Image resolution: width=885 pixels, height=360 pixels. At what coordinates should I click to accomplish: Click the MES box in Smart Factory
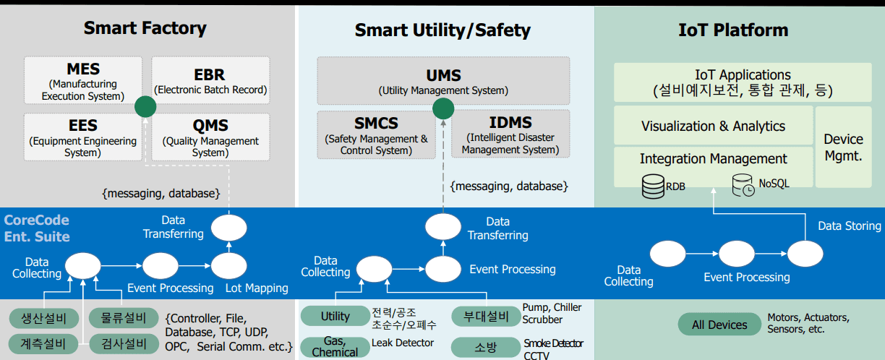(83, 81)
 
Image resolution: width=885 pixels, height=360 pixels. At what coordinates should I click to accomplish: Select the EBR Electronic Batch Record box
(210, 81)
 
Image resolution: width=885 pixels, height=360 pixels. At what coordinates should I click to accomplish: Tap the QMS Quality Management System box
(210, 137)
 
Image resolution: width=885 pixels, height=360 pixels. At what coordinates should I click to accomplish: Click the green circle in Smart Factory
(145, 108)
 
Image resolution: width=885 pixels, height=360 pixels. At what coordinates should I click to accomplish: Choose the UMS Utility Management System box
(443, 81)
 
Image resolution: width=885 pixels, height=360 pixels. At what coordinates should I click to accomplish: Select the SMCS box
(376, 134)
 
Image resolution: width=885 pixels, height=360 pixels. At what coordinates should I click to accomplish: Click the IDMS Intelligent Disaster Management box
(510, 134)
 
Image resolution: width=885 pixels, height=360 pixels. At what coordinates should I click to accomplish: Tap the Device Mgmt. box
(843, 147)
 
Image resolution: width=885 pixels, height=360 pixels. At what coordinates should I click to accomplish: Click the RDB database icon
(653, 187)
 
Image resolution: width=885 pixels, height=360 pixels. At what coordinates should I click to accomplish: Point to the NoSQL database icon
(743, 185)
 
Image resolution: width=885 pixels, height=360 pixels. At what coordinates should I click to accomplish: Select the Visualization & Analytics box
(712, 126)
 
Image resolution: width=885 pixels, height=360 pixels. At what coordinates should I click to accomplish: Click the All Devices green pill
(719, 325)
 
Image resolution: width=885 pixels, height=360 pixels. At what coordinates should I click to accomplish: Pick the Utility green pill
(335, 316)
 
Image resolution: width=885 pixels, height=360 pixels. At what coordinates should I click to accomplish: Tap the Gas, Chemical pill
(335, 347)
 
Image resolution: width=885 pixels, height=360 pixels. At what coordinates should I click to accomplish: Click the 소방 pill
(485, 347)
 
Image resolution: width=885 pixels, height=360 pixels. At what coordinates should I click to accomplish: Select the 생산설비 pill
(43, 318)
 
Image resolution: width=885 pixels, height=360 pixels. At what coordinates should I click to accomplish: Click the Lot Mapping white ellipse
(229, 265)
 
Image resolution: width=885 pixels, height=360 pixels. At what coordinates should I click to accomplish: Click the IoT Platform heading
(733, 30)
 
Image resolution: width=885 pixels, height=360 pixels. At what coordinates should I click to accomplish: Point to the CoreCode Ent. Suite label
(37, 228)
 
